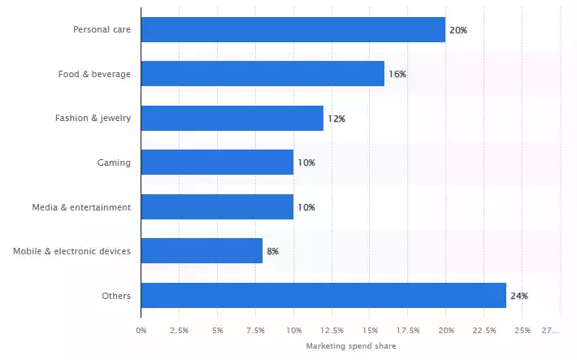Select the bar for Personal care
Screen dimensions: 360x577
[x=293, y=30]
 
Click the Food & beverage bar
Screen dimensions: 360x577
[x=262, y=74]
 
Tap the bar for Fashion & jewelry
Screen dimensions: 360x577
[x=232, y=118]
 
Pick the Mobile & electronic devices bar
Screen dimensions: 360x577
[x=202, y=251]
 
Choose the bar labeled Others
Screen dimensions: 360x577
[x=323, y=296]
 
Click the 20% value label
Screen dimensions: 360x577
[x=458, y=30]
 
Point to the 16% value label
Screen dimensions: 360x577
[x=397, y=74]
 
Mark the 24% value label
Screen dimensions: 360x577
[x=519, y=296]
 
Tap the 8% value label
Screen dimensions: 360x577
[x=272, y=251]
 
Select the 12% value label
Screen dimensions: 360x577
[x=336, y=119]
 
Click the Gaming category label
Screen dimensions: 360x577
[x=114, y=163]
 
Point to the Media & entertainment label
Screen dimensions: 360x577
[x=82, y=207]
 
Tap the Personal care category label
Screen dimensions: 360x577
[x=102, y=30]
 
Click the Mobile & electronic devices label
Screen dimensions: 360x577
[x=72, y=251]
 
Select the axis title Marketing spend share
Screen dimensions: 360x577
[x=351, y=345]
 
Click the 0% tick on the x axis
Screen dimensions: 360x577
[x=141, y=330]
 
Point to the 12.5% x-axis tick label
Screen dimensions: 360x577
[x=332, y=330]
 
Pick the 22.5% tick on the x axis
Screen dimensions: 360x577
[x=484, y=330]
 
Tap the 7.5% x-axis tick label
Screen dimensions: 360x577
[x=255, y=330]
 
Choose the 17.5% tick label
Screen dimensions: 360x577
[x=408, y=330]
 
